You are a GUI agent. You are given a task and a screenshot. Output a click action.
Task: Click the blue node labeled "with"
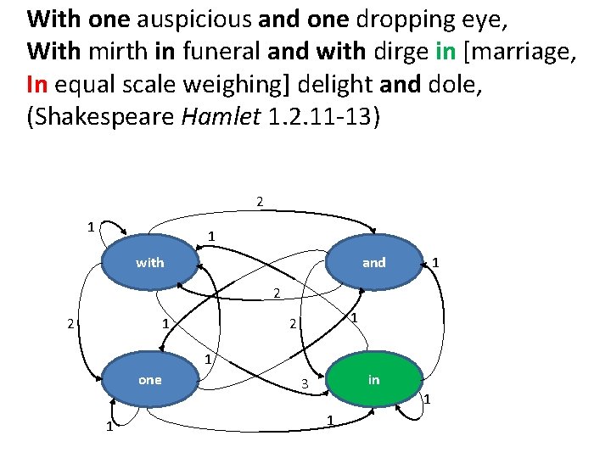tap(150, 263)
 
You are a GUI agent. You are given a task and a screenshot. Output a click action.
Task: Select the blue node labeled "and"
tap(373, 263)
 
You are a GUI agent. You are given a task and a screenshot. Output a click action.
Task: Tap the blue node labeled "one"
tap(150, 380)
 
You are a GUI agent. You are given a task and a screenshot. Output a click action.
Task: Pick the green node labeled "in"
tap(373, 380)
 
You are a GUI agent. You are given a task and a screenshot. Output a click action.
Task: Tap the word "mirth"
tap(116, 52)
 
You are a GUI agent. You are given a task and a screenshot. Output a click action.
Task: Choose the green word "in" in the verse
tap(446, 52)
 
